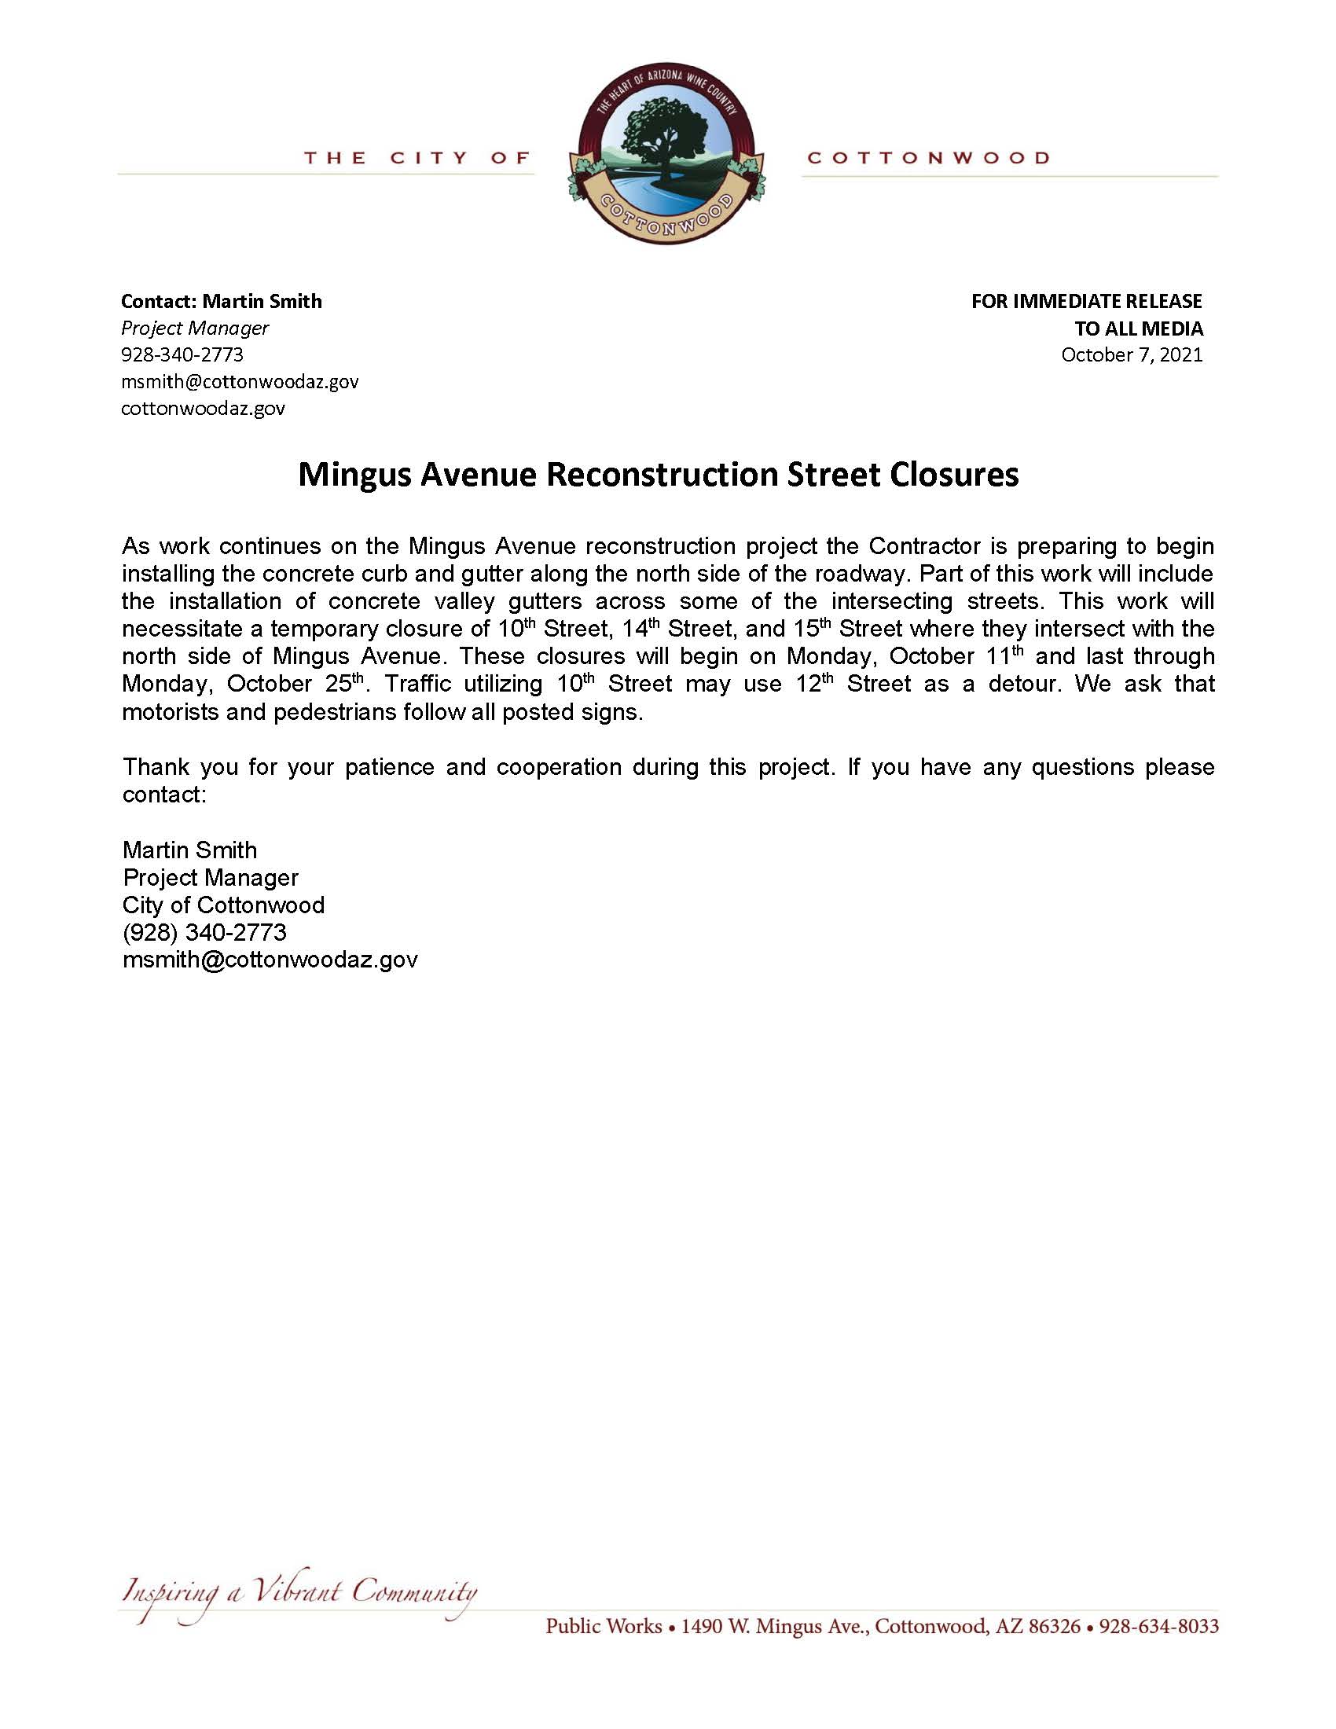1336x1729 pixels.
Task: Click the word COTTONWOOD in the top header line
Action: coord(927,158)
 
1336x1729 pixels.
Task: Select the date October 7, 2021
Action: coord(1131,354)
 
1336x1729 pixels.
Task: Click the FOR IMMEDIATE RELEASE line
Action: coord(1086,301)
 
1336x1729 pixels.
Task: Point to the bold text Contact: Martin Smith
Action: coord(221,301)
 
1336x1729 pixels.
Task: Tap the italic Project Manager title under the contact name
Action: coord(195,328)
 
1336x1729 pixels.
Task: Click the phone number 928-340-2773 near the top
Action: coord(182,354)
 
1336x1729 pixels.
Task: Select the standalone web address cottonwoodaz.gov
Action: coord(203,409)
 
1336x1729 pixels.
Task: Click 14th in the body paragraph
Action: coord(640,630)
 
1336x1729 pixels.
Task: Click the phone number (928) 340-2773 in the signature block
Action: coord(204,933)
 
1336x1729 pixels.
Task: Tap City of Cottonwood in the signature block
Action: coord(223,905)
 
